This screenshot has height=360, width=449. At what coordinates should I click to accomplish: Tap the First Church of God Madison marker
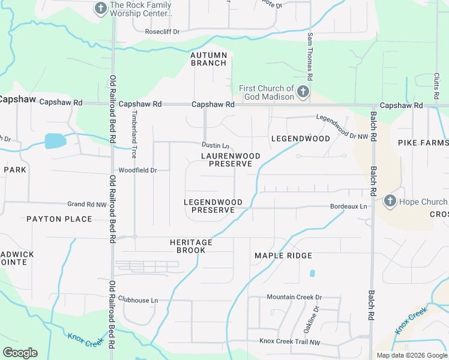pyautogui.click(x=303, y=92)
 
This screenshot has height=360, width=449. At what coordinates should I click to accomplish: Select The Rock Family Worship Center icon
pyautogui.click(x=100, y=8)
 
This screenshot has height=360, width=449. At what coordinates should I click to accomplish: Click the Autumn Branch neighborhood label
pyautogui.click(x=209, y=59)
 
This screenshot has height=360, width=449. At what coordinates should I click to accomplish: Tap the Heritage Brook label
pyautogui.click(x=191, y=246)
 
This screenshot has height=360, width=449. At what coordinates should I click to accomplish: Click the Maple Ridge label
pyautogui.click(x=283, y=256)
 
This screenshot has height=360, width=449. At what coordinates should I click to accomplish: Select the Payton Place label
pyautogui.click(x=59, y=219)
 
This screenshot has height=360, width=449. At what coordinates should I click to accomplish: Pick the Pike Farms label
pyautogui.click(x=423, y=143)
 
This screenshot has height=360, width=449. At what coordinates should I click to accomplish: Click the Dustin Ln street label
pyautogui.click(x=215, y=146)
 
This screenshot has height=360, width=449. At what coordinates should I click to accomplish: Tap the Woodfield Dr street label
pyautogui.click(x=137, y=170)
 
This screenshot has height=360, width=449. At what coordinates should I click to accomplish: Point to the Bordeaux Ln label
pyautogui.click(x=348, y=207)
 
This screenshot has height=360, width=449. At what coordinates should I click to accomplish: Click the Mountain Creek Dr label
pyautogui.click(x=294, y=297)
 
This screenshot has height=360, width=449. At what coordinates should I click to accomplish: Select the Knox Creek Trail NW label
pyautogui.click(x=290, y=341)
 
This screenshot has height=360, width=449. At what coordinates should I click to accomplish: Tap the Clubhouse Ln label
pyautogui.click(x=138, y=300)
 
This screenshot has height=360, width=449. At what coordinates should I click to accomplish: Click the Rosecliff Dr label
pyautogui.click(x=163, y=31)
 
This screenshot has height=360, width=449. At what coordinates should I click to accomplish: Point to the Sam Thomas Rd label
pyautogui.click(x=310, y=57)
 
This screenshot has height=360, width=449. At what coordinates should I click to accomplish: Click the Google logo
pyautogui.click(x=20, y=353)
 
